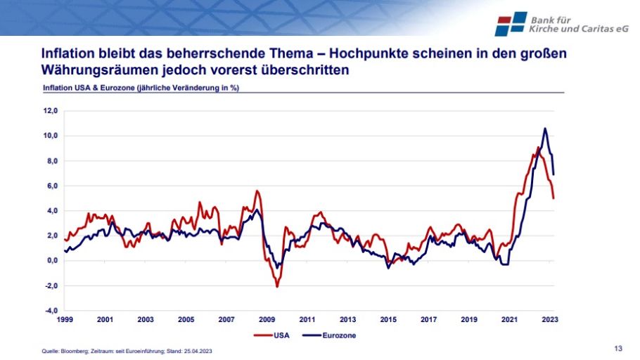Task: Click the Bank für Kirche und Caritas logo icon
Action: (511, 24)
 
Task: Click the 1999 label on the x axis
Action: (65, 320)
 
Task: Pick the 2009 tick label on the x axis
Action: (267, 320)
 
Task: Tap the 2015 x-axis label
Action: (388, 320)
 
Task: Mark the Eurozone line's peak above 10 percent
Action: (545, 129)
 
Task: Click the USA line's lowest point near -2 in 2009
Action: (277, 286)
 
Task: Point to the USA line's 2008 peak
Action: (257, 191)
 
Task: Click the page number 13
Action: (618, 349)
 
